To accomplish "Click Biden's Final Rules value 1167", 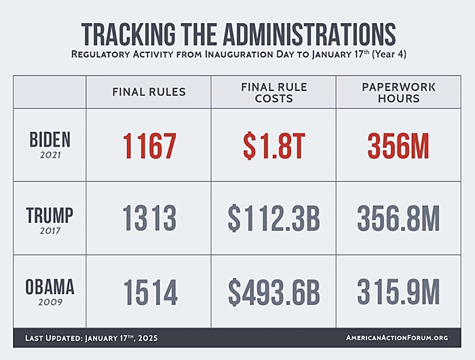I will [x=149, y=145].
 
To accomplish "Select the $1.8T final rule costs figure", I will [x=273, y=145].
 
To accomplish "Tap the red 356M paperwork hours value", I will [x=398, y=145].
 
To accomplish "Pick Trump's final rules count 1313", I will [x=149, y=219].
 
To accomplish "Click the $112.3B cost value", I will [x=273, y=219].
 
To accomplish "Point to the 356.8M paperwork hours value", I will [x=398, y=219].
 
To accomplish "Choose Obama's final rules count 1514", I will [x=150, y=292].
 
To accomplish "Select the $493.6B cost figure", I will [x=273, y=292].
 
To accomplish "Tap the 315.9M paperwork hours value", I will [x=398, y=292].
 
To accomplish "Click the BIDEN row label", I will [x=50, y=140].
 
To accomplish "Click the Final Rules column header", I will [x=149, y=92].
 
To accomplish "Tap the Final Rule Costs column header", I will [x=273, y=92].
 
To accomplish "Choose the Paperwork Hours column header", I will [x=398, y=92].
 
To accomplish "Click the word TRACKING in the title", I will [x=128, y=34].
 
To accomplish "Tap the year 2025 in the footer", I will [x=149, y=338].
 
